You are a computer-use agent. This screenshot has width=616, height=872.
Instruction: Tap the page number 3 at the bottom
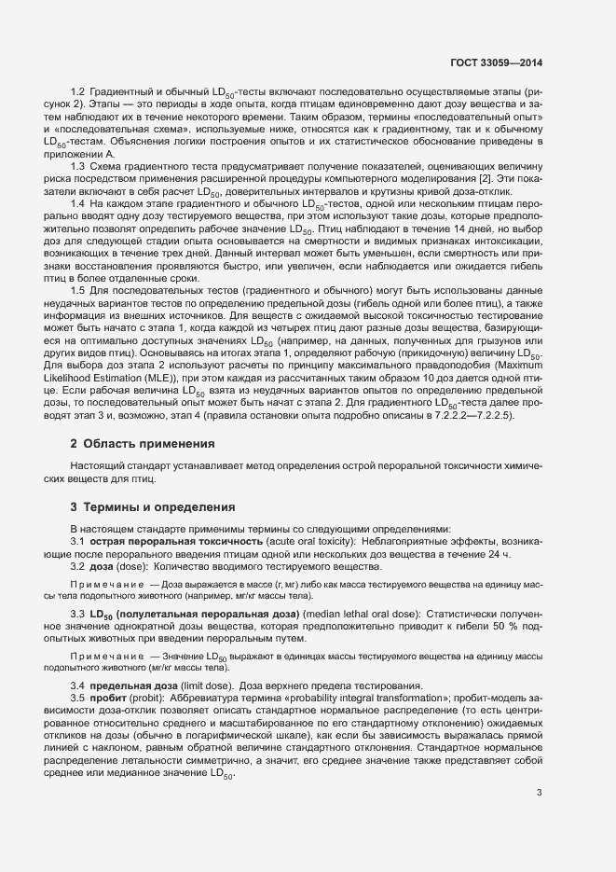coord(540,793)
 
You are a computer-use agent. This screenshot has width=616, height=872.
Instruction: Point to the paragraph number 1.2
coord(78,92)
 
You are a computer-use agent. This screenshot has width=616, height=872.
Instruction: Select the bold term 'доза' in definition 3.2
coord(102,566)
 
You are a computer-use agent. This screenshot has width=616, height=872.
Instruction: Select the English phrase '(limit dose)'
coord(207,686)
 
